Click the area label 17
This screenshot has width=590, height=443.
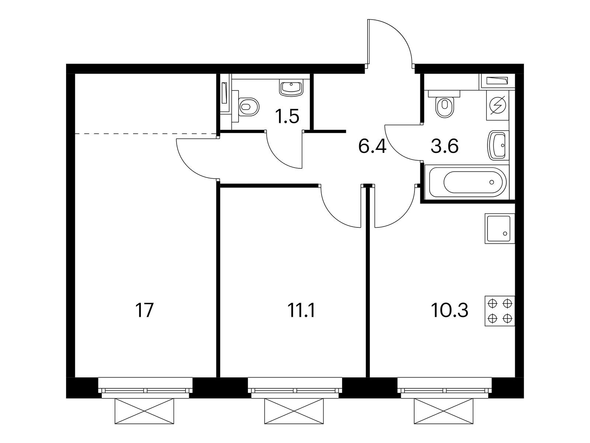[x=144, y=310]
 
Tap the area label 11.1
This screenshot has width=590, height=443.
[x=301, y=310]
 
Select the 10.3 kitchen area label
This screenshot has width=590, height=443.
[x=450, y=310]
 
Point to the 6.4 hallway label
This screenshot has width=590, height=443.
[x=372, y=146]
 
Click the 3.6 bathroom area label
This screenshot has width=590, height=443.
[x=445, y=146]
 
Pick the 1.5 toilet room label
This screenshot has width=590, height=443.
[x=287, y=116]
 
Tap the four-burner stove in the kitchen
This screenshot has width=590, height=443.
[x=500, y=311]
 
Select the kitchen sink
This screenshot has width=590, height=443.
[x=500, y=229]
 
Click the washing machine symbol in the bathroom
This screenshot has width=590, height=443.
[x=498, y=105]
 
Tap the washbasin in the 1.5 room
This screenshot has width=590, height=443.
[x=291, y=88]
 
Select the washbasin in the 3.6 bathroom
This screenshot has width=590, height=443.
[x=498, y=145]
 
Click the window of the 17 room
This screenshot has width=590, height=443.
[x=145, y=388]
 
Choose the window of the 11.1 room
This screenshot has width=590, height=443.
[x=295, y=388]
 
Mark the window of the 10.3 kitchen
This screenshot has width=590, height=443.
[x=445, y=388]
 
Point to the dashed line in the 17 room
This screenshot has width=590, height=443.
[x=146, y=133]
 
